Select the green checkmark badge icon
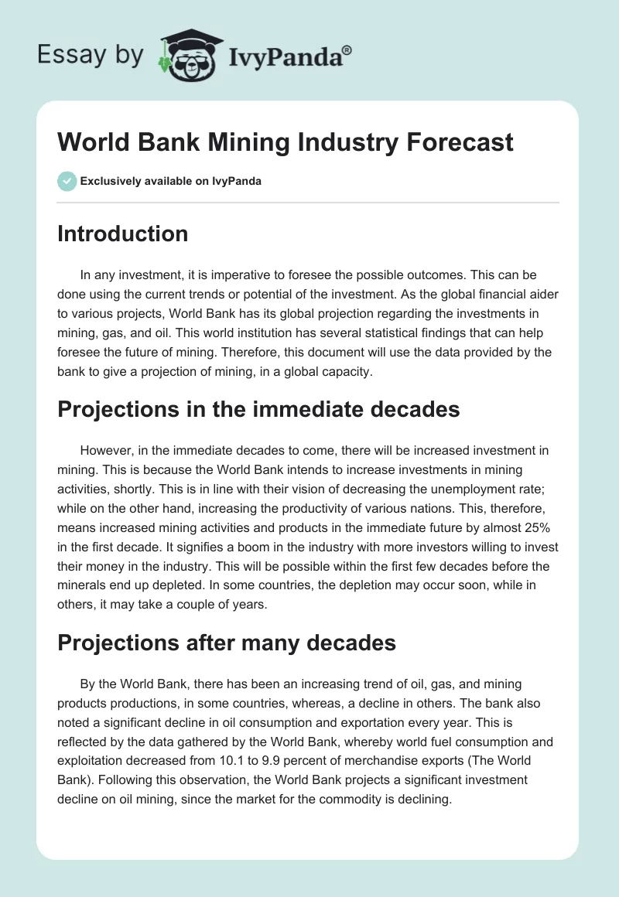coord(67,181)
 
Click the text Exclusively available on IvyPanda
coord(171,182)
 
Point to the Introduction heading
coord(122,234)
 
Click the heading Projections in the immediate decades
coord(258,410)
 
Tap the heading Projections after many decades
coord(227,642)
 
